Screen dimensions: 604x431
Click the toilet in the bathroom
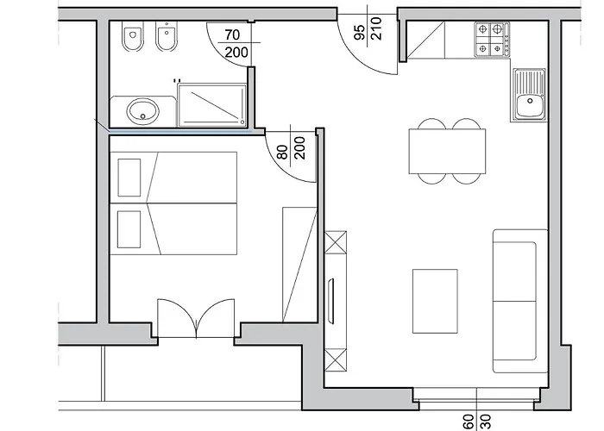coord(132,36)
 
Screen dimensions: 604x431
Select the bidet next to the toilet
coord(167,36)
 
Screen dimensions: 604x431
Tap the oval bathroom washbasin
coord(142,111)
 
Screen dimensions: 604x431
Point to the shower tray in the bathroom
coord(212,104)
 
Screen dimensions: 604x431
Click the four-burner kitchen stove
coord(493,40)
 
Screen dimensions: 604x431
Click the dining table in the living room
coord(447,151)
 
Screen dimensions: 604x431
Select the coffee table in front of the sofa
coord(435,301)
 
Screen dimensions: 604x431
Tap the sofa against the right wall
coord(520,301)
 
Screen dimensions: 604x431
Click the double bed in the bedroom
coord(173,203)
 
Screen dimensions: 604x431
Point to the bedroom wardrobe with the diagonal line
coord(299,265)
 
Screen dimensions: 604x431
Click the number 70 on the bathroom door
coord(232,34)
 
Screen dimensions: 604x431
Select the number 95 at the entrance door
coord(359,33)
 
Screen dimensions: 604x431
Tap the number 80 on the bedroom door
coord(282,152)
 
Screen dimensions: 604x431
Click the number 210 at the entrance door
coord(376,28)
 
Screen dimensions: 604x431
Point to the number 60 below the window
coord(469,422)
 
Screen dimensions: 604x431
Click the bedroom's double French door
coord(196,318)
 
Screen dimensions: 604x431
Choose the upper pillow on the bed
coord(129,178)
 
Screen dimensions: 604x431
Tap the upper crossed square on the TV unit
coord(336,242)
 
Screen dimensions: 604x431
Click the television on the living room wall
coord(330,301)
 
